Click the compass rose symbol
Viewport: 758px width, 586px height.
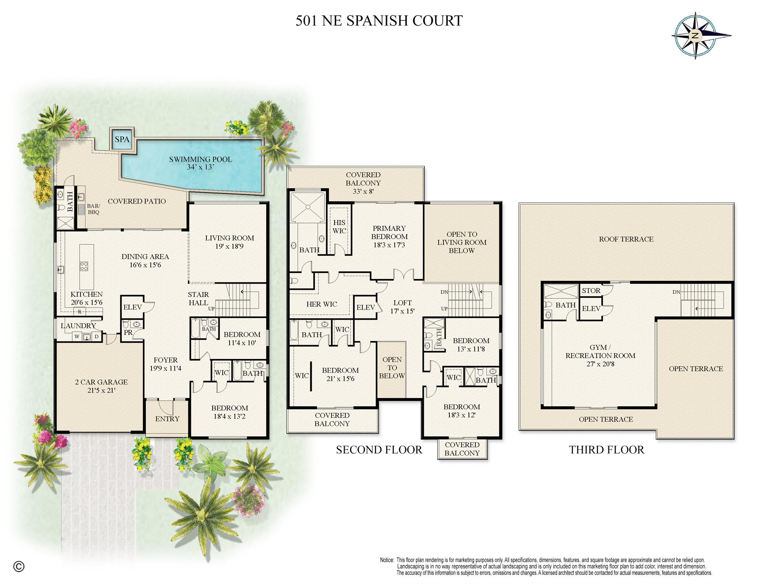[x=695, y=36]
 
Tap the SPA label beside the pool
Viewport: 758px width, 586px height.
[x=122, y=139]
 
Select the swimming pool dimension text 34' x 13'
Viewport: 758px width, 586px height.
[x=200, y=167]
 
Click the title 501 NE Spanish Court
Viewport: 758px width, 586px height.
[x=379, y=21]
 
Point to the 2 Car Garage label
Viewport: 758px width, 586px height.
[x=101, y=382]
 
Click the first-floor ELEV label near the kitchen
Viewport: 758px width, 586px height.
[x=132, y=307]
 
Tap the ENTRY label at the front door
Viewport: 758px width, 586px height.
[x=167, y=419]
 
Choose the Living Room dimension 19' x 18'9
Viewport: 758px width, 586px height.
[x=229, y=247]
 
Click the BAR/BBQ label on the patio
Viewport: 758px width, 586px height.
[x=93, y=209]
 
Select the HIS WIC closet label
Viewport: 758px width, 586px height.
[x=339, y=227]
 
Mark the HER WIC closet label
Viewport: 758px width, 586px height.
[x=322, y=304]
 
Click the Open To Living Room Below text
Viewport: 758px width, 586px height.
[x=462, y=242]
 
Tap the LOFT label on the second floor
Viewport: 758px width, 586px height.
[x=402, y=303]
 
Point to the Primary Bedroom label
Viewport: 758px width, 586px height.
[x=389, y=232]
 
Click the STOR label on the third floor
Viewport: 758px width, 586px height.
[x=591, y=291]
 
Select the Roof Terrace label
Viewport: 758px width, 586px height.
[x=626, y=239]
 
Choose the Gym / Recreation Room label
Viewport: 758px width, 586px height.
[x=600, y=352]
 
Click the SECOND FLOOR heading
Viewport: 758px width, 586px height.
[x=379, y=450]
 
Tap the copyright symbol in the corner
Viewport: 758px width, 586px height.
[x=19, y=567]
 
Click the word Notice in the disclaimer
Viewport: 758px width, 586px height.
[x=386, y=560]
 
